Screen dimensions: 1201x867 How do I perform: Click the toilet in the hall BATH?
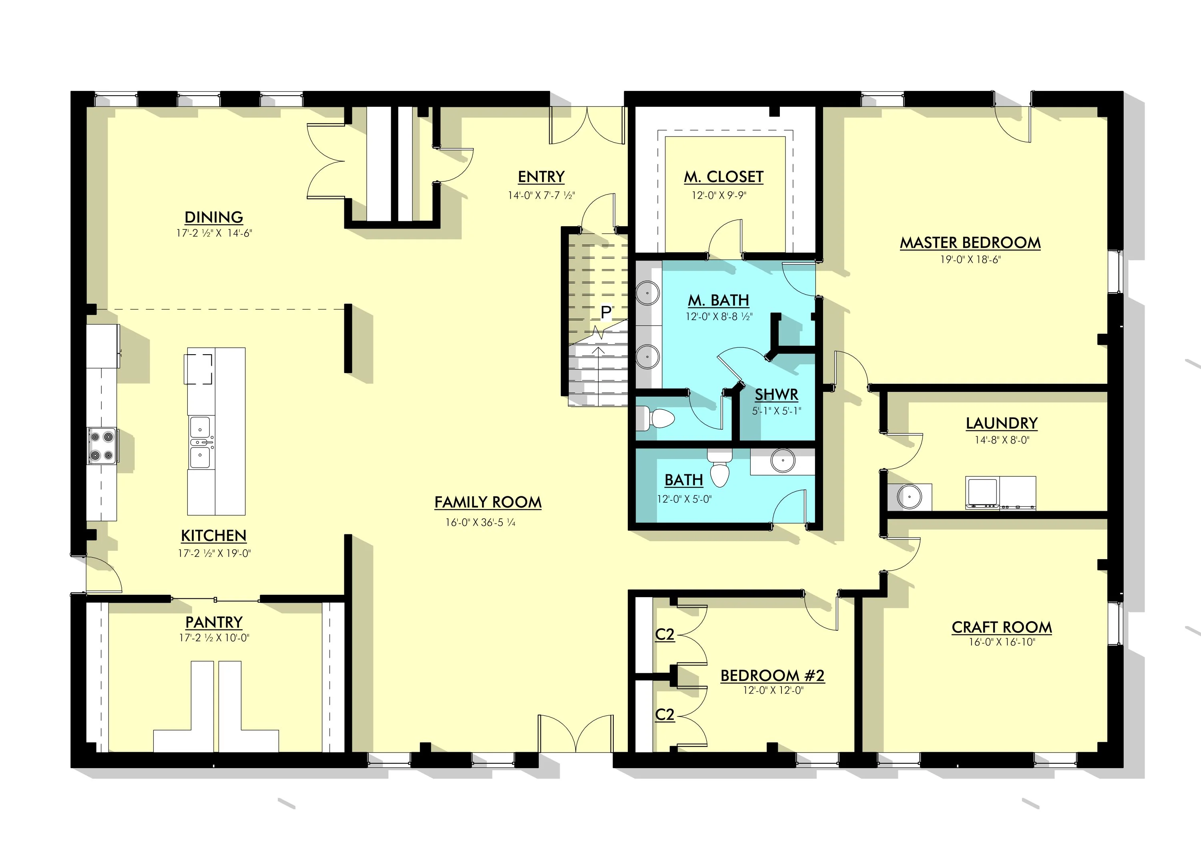pyautogui.click(x=719, y=468)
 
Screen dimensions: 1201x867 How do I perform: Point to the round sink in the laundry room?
pyautogui.click(x=909, y=497)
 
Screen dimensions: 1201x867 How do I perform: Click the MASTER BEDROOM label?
pyautogui.click(x=970, y=243)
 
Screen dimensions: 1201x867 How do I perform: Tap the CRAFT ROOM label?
pyautogui.click(x=1001, y=627)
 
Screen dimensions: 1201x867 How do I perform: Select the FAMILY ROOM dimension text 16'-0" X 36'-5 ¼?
pyautogui.click(x=480, y=522)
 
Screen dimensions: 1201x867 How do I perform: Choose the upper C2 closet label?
pyautogui.click(x=665, y=634)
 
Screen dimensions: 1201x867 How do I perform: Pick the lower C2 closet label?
pyautogui.click(x=665, y=714)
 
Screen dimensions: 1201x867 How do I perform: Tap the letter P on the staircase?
pyautogui.click(x=606, y=313)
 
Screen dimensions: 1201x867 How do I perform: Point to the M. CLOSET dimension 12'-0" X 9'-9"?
pyautogui.click(x=719, y=195)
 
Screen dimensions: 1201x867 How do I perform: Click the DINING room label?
pyautogui.click(x=214, y=217)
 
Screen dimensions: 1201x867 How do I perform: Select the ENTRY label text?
pyautogui.click(x=541, y=177)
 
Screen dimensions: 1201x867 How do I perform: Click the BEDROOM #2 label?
pyautogui.click(x=773, y=675)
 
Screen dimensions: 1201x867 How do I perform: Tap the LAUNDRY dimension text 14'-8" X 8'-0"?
pyautogui.click(x=1001, y=440)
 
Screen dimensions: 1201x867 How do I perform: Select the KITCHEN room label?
pyautogui.click(x=214, y=536)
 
